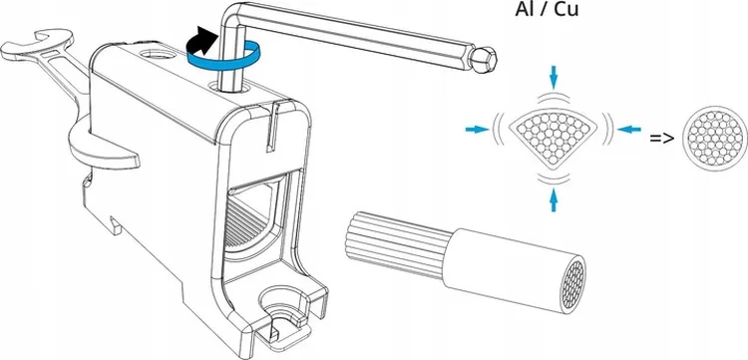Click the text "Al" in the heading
[524, 9]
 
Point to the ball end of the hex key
[483, 59]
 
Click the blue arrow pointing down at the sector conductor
[554, 77]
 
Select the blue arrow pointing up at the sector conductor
[554, 199]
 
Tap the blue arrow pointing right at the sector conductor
[478, 129]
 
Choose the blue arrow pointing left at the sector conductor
[629, 129]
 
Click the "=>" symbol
[662, 139]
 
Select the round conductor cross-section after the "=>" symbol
[715, 139]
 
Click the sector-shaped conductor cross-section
[554, 135]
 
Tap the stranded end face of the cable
[572, 285]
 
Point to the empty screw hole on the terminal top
[156, 54]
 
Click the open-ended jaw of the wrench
[41, 44]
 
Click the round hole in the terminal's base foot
[281, 300]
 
